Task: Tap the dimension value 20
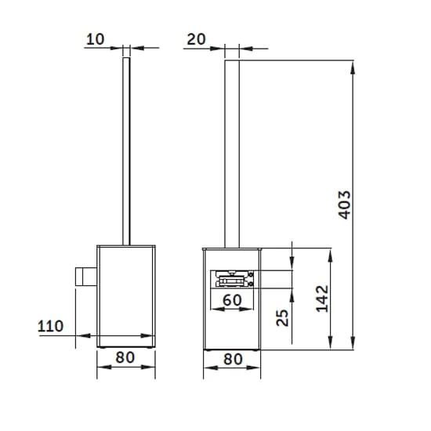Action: click(x=196, y=38)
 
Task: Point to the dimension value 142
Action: click(x=321, y=299)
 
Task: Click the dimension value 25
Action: click(x=283, y=317)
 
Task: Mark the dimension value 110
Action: click(x=51, y=326)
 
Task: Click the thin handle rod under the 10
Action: click(x=125, y=149)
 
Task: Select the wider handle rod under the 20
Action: click(x=232, y=149)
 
